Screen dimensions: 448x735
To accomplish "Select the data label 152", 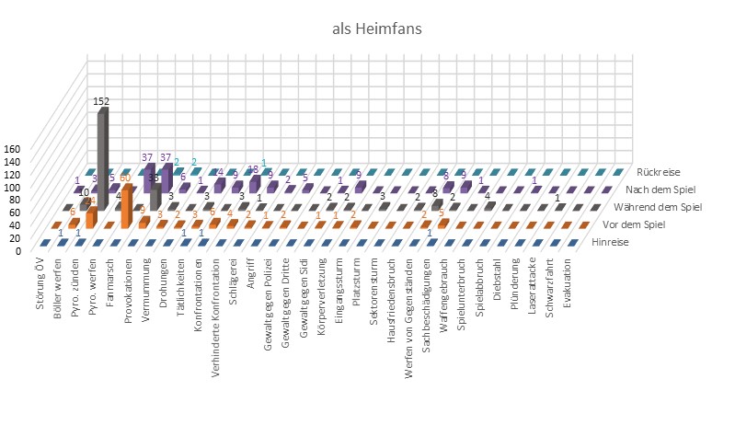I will (101, 101).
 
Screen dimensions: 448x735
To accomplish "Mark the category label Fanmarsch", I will (109, 281).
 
